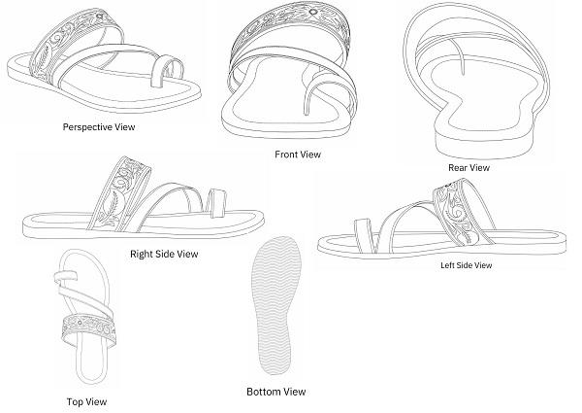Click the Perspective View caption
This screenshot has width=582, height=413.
pos(99,127)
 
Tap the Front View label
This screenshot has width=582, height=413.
pos(298,155)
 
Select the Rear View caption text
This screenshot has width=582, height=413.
pos(469,168)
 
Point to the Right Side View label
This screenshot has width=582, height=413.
pos(164,254)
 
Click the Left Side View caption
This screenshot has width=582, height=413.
pos(467,265)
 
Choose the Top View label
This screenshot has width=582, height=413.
pos(87,401)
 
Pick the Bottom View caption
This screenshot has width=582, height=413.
pos(276,392)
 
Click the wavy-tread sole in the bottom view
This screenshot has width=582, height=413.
pos(276,305)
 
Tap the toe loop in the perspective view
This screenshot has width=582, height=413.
pos(168,72)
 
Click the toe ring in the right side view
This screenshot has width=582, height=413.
pos(216,203)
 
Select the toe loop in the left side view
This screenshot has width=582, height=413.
pos(364,236)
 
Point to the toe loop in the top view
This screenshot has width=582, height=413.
pos(66,276)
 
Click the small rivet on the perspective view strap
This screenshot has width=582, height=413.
pos(100,16)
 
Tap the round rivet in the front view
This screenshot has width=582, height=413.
pos(313,12)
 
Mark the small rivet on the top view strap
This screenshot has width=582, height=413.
pos(81,323)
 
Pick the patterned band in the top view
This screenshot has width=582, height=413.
pos(88,330)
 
